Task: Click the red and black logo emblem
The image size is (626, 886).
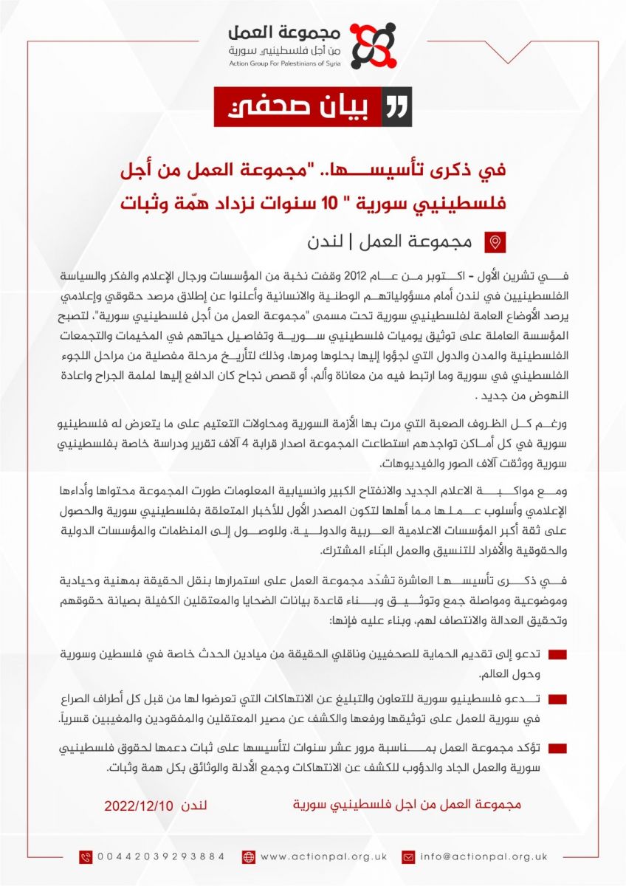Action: point(372,46)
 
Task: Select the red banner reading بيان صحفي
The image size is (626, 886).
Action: point(313,107)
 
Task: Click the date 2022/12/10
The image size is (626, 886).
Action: point(139,804)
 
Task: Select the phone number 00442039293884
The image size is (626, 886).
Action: point(161,856)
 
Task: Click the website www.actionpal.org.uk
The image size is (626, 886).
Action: point(323,856)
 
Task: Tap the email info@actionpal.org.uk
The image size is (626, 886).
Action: point(484,856)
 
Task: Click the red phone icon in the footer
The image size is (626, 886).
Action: point(86,856)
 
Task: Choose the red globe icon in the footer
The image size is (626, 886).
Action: point(248,856)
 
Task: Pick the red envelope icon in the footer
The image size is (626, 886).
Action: point(407,856)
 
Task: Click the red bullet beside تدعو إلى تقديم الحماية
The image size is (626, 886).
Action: point(558,656)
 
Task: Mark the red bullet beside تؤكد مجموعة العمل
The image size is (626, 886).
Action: point(558,749)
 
